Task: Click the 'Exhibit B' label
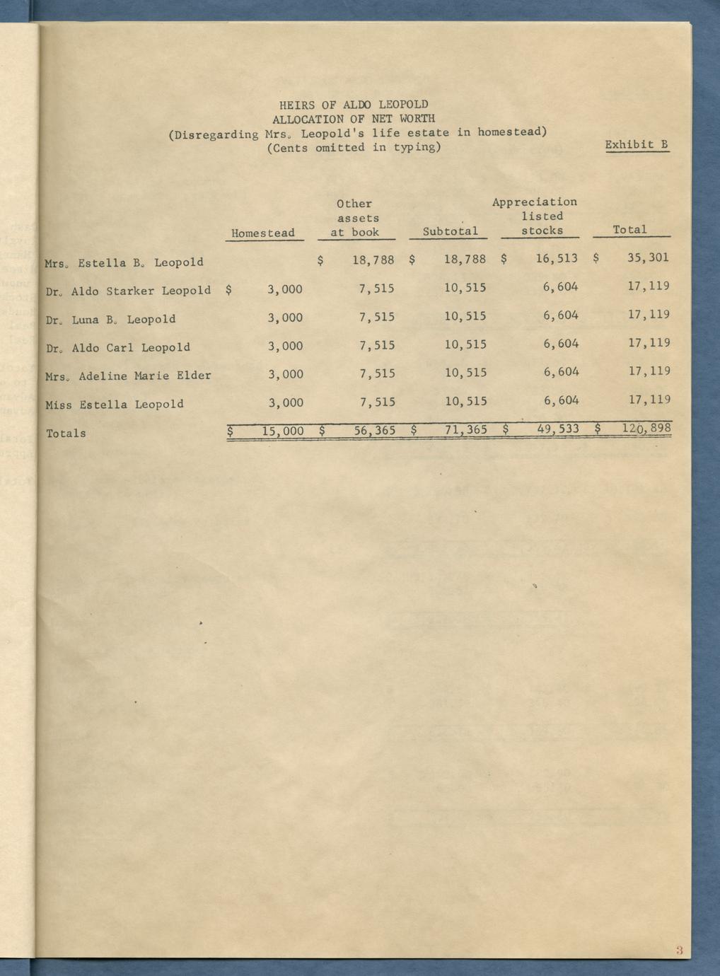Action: coord(637,145)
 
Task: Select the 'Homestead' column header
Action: coord(262,233)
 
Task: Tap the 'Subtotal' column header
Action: coord(450,231)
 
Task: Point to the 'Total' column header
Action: coord(629,230)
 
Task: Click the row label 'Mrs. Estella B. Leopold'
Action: coord(124,262)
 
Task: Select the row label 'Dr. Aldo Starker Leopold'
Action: coord(128,291)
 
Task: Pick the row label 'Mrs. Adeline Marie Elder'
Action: coord(128,376)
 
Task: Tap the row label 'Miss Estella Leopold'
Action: coord(115,405)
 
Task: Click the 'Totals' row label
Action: coord(66,434)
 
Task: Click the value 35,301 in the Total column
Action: coord(648,258)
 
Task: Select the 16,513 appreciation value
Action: coord(557,259)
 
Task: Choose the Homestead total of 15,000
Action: coord(282,430)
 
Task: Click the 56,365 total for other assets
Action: coord(374,429)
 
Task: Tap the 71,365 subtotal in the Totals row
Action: coord(465,429)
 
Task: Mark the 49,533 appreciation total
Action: coord(558,429)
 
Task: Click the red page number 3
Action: coord(678,951)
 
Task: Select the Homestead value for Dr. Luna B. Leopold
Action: coord(285,318)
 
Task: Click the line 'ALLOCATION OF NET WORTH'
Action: coord(354,119)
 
